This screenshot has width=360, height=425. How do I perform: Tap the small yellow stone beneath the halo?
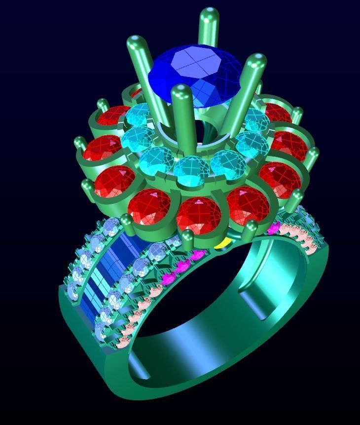pos(223,243)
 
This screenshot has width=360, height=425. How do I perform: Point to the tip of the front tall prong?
pos(181,92)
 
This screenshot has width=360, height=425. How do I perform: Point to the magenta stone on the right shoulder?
pos(274,228)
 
